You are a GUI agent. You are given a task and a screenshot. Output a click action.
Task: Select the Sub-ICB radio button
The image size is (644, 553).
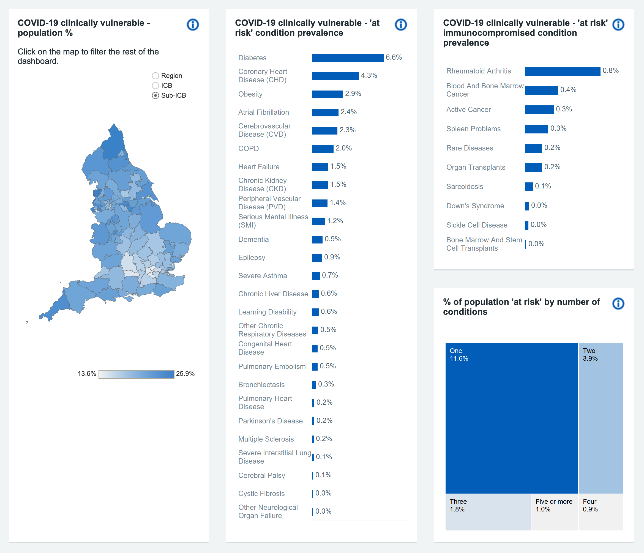tap(155, 95)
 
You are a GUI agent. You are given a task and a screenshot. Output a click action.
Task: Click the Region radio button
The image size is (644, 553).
tap(155, 75)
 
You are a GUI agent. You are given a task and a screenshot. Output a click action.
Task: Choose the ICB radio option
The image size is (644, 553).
tap(155, 86)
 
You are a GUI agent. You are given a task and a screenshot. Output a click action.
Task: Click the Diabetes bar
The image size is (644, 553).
tap(348, 58)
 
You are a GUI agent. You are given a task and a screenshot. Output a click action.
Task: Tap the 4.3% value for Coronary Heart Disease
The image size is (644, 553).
tap(369, 75)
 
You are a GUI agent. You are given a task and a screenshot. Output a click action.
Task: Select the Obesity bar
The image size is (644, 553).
tap(327, 94)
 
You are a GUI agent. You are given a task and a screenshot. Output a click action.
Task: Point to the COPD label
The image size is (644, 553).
tap(248, 149)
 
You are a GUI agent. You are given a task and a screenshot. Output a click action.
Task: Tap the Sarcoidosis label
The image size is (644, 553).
tap(465, 187)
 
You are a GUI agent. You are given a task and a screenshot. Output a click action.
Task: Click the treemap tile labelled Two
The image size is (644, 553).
tap(601, 418)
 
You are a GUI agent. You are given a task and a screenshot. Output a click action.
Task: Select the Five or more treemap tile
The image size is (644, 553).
tap(555, 512)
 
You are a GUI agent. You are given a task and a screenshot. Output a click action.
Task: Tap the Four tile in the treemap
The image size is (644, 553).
tap(601, 512)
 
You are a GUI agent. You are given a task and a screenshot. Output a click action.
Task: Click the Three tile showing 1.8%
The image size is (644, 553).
tap(488, 512)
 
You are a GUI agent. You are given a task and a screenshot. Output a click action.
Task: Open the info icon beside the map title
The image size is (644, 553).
tap(193, 24)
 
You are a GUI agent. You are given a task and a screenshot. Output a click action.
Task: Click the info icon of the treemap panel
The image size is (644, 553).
tap(618, 303)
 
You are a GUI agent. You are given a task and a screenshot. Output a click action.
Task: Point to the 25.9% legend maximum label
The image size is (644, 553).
tap(185, 374)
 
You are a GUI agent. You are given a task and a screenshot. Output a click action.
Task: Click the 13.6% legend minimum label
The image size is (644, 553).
tap(87, 374)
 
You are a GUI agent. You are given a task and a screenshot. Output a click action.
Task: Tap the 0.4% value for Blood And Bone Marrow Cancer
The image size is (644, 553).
tap(568, 90)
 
